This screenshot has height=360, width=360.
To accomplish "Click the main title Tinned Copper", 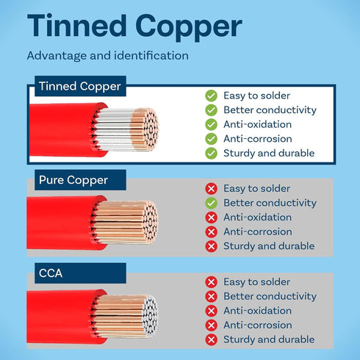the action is (134, 26).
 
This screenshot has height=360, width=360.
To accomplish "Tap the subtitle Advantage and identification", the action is (108, 56).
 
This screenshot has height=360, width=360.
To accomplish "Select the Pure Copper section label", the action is (73, 180).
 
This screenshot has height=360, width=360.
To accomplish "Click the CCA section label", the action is (51, 273).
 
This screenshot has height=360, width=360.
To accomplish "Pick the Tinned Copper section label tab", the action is (80, 86).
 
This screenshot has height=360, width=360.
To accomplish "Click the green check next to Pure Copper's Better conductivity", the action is (211, 203).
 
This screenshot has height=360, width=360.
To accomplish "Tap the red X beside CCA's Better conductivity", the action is (211, 297).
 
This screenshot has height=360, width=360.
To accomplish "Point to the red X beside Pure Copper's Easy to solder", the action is (211, 189).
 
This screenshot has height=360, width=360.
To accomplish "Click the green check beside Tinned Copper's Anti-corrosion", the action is (211, 139).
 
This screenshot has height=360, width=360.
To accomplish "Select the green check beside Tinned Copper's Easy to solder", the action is (211, 96).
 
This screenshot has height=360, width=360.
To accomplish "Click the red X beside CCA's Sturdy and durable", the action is (211, 340).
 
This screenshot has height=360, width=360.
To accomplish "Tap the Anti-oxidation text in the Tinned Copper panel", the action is (258, 124).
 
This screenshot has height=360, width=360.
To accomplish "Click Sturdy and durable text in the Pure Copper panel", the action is (269, 246).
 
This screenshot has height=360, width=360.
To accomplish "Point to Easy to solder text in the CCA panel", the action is (256, 282).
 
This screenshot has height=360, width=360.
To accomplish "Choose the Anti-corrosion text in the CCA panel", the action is (258, 325).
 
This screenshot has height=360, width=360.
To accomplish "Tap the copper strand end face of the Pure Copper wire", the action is (150, 223).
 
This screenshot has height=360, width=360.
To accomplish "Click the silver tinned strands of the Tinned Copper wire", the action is (113, 129).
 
